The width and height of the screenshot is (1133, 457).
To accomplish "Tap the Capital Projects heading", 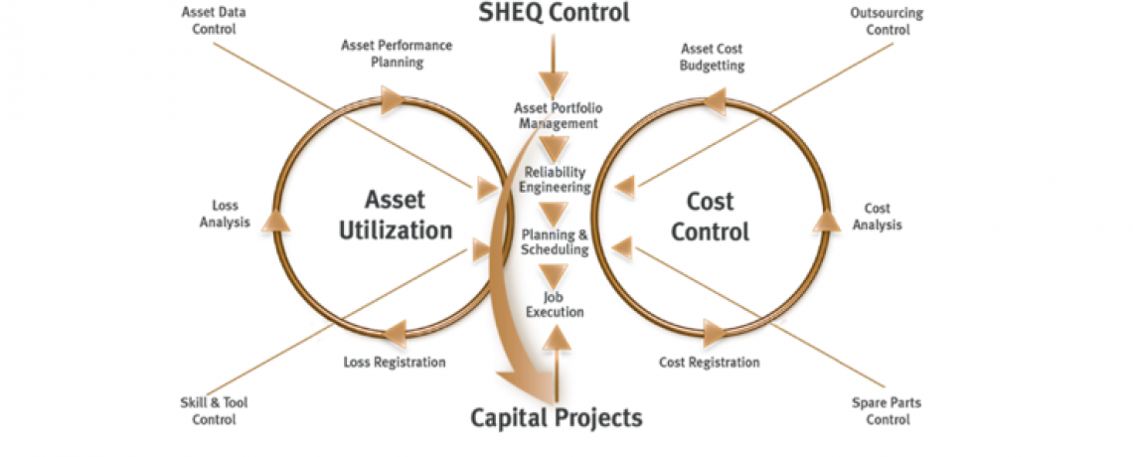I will pos(556,417).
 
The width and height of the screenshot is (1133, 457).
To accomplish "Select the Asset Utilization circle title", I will pos(396,216).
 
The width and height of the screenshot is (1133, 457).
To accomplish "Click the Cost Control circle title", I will pos(710,216).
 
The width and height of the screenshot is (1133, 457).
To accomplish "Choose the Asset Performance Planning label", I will pos(397,54).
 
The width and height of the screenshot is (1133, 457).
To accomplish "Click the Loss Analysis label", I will pos(225,214).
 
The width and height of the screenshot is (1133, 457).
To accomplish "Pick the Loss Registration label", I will pos(395,362).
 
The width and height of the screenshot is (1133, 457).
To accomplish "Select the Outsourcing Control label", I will pos(887,21).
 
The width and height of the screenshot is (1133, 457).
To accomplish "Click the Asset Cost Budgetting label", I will pos(712,57).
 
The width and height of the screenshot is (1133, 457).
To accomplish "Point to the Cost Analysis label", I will pos(877,217).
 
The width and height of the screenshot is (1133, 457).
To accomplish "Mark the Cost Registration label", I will pos(709,362).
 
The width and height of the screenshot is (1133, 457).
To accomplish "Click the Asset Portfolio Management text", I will pos(558,115).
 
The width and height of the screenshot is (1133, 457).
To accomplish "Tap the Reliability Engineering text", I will pos(558,179).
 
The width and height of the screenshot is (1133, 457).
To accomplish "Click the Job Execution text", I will pos(556,304).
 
